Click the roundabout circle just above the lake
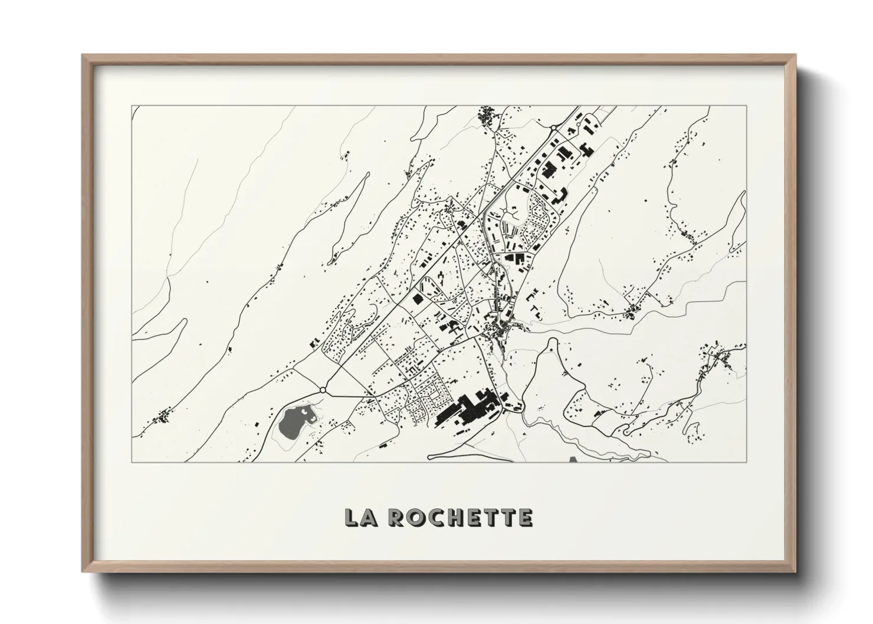click(323, 390)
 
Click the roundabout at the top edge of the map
click(554, 127)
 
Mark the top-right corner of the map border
click(747, 106)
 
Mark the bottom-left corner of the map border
click(132, 461)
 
